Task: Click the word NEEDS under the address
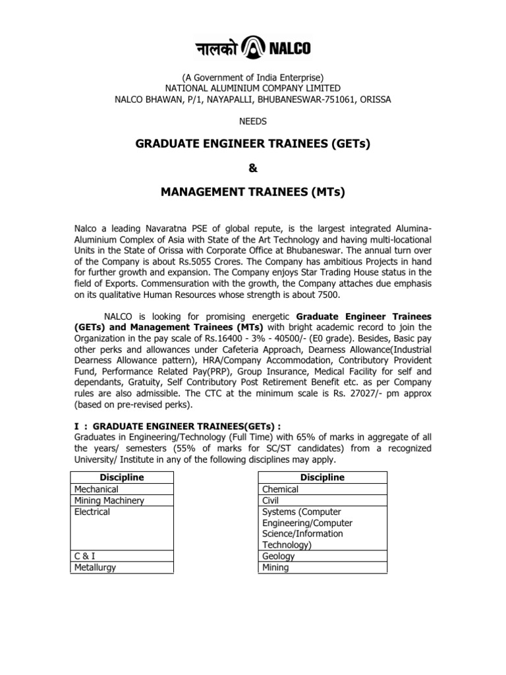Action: point(252,121)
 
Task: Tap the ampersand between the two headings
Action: point(253,168)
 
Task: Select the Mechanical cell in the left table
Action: point(97,489)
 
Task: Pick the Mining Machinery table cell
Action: point(109,500)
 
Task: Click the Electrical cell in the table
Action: point(92,512)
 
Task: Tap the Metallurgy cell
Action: point(95,567)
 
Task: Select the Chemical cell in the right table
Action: point(280,489)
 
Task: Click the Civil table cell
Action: point(271,500)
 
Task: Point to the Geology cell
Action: point(278,556)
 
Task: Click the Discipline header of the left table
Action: point(122,477)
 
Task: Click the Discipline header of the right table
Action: point(322,477)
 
